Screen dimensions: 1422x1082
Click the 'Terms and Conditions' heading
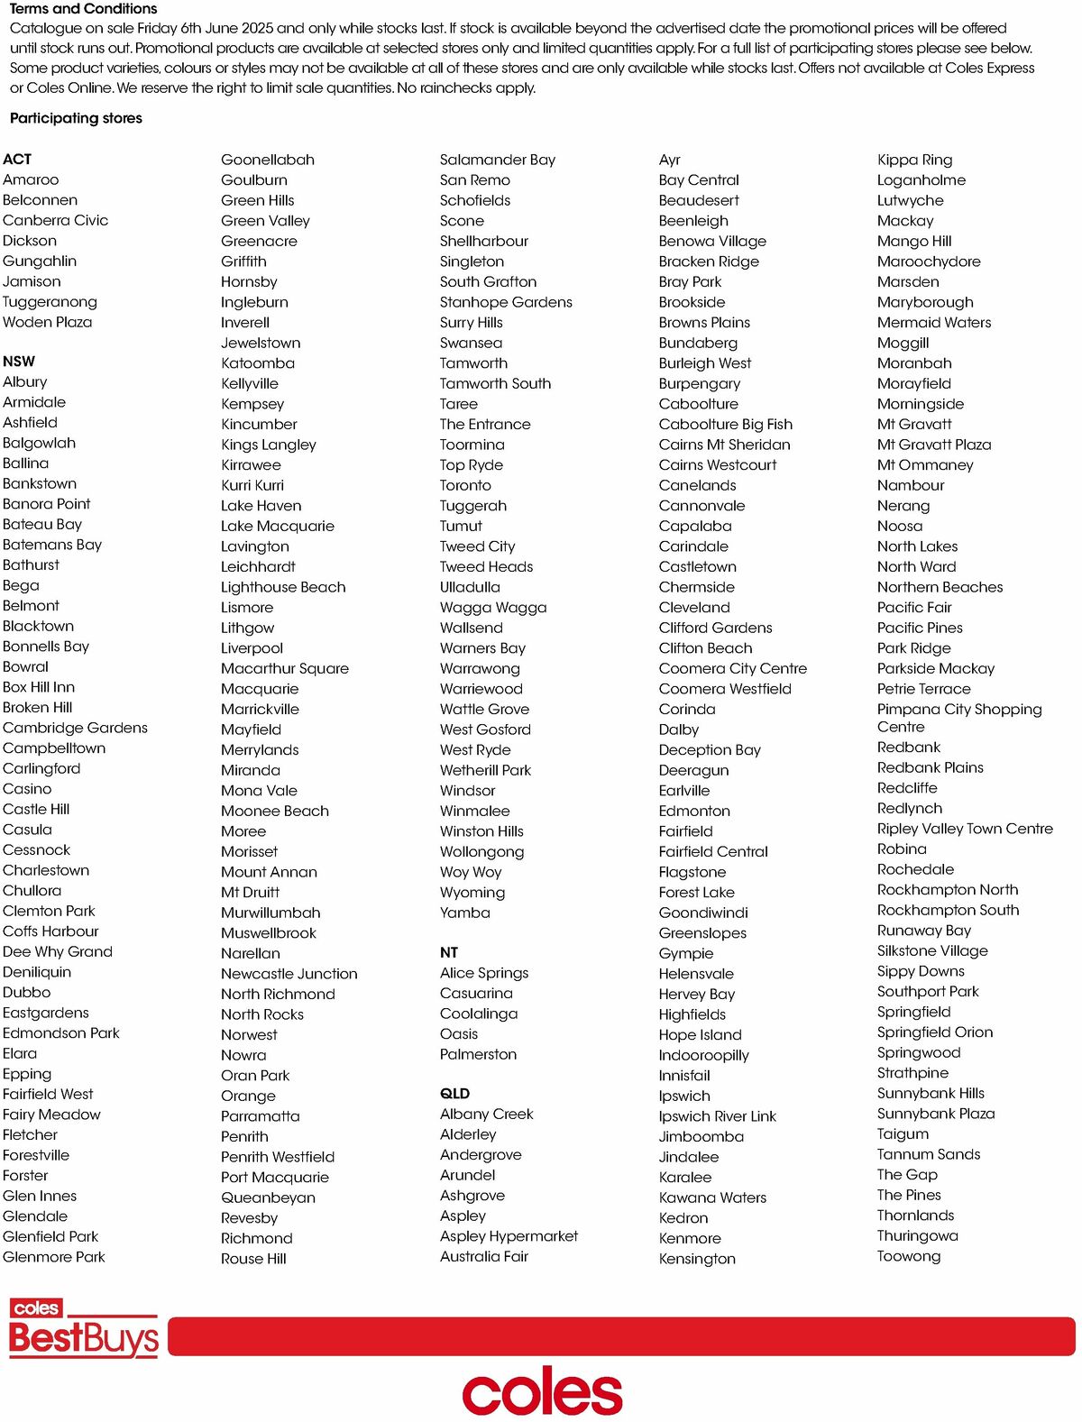coord(83,9)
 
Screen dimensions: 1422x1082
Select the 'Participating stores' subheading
coord(76,118)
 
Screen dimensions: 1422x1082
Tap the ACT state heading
coord(17,160)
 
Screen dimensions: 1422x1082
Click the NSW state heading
coord(19,362)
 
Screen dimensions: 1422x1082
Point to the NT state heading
coord(449,952)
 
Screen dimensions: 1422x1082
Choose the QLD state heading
coord(454,1094)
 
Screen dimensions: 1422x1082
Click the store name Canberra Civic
coord(55,220)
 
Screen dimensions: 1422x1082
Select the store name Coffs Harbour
coord(50,931)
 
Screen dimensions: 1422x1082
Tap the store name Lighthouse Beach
coord(283,587)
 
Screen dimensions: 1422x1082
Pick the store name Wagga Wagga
coord(493,608)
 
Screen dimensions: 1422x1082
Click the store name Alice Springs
coord(484,973)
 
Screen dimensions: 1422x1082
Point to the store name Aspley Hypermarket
coord(509,1236)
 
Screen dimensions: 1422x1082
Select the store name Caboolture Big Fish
coord(726,424)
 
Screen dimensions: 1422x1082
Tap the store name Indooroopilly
coord(704,1055)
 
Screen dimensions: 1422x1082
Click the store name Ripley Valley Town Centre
coord(965,829)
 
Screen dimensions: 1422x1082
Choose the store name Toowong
coord(909,1256)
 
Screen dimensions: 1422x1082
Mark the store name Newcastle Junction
coord(289,974)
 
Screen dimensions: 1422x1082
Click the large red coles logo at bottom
coord(542,1393)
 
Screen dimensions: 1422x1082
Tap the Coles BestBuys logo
coord(84,1328)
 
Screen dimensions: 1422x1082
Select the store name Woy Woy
coord(471,872)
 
